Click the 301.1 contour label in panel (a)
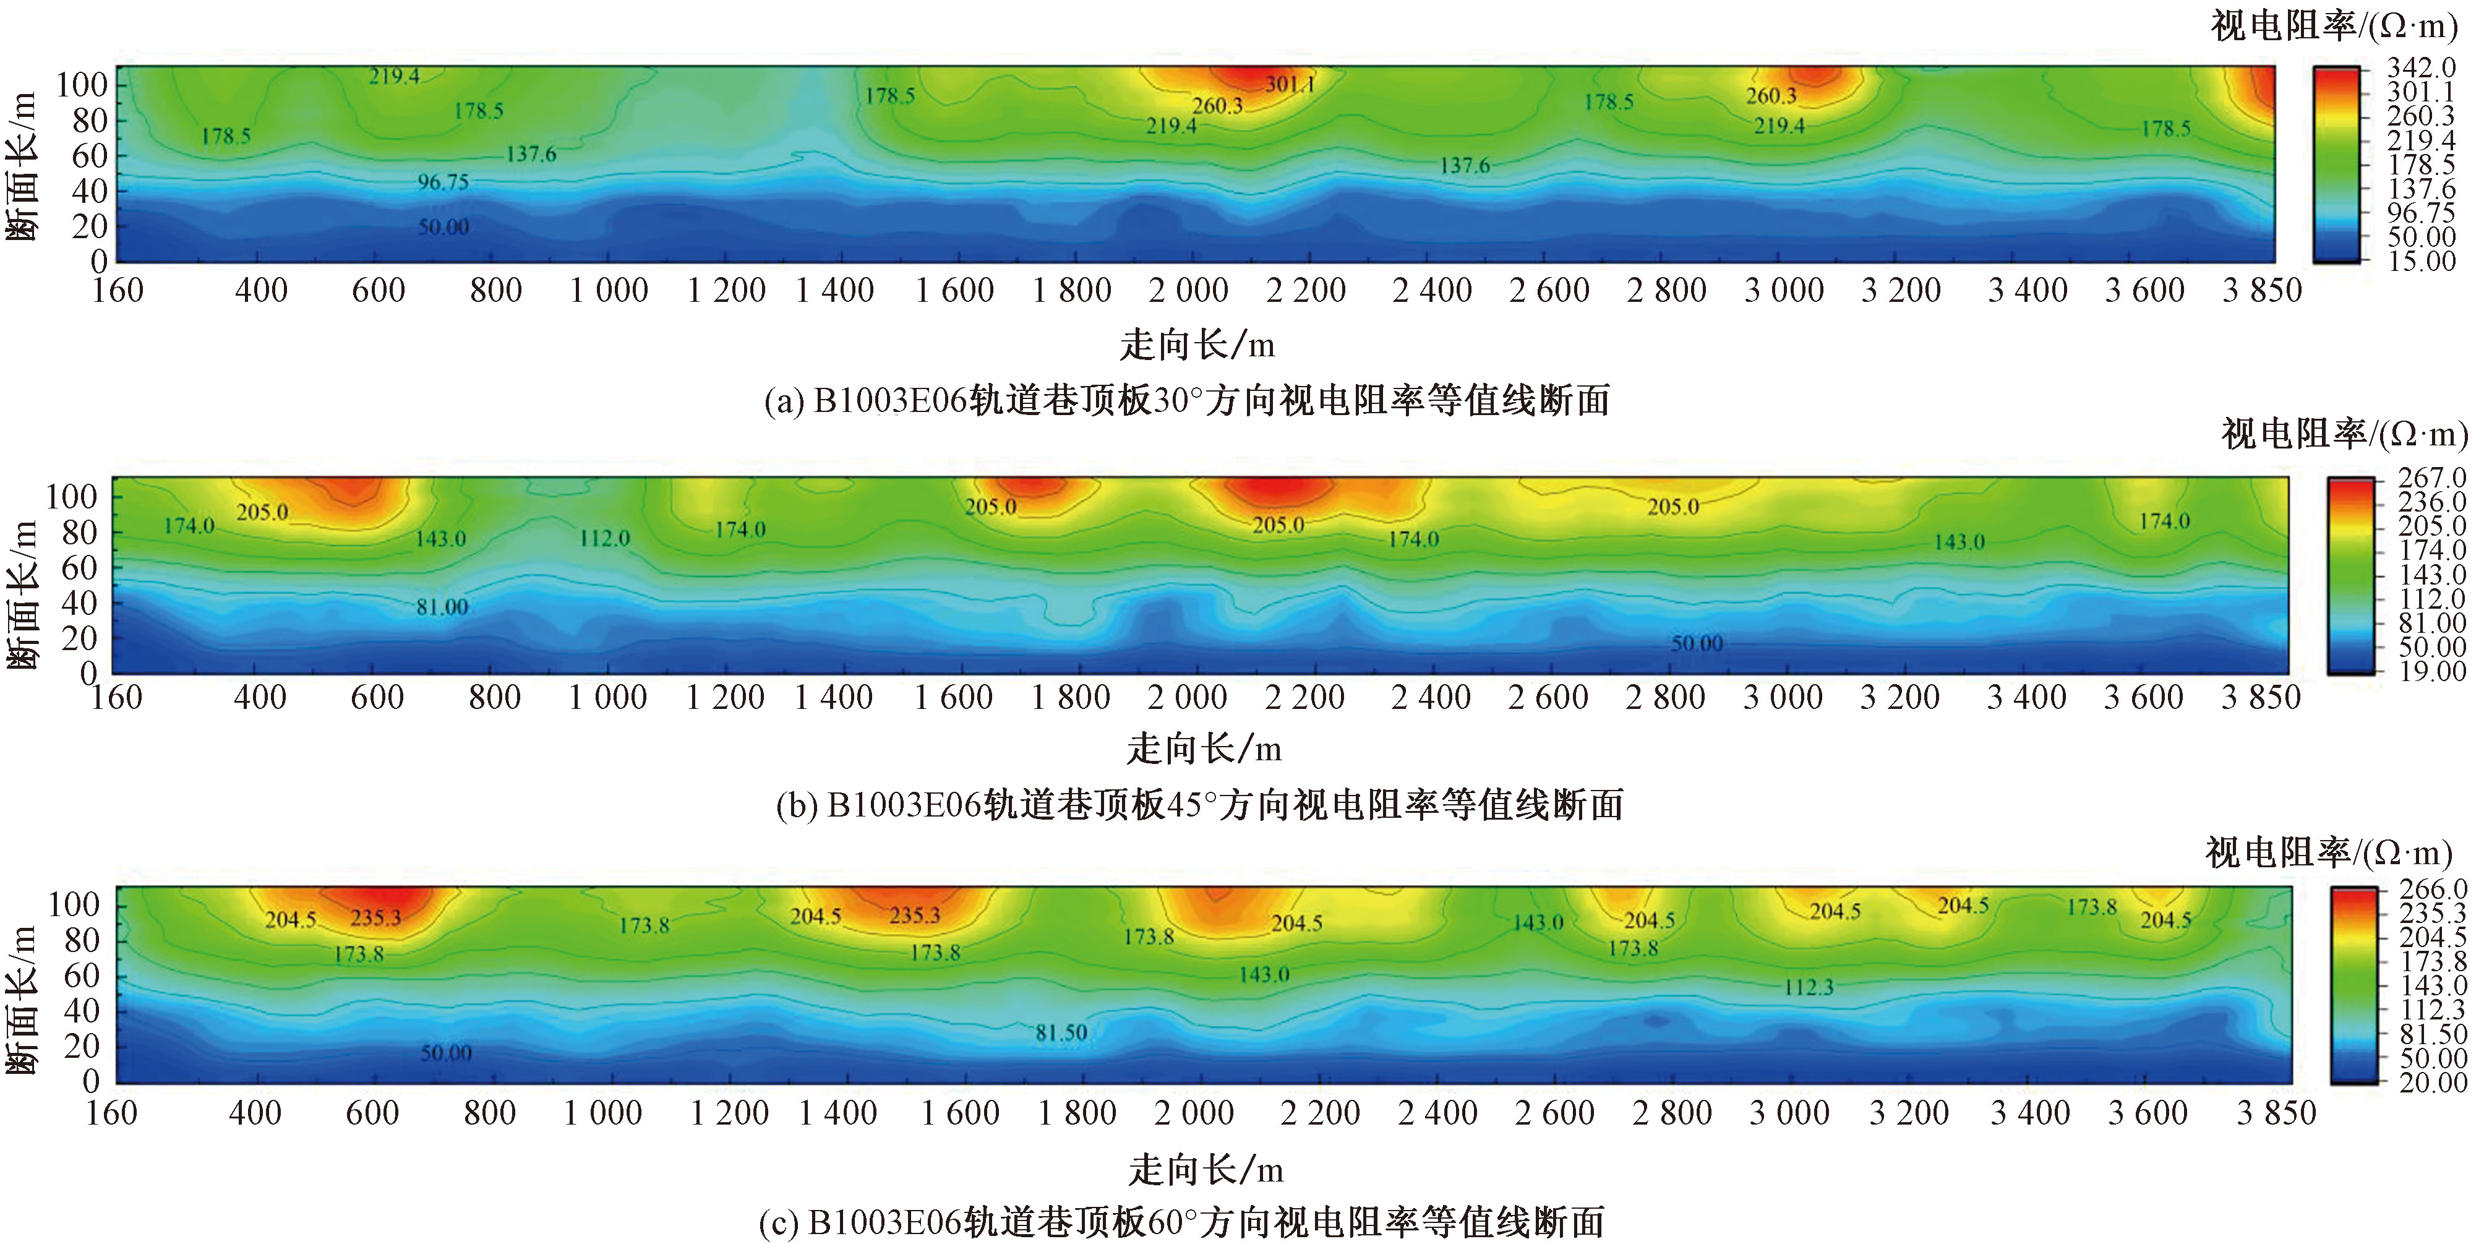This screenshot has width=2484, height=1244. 1289,85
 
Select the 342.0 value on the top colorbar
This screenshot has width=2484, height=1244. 2420,67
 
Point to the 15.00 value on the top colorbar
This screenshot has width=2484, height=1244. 2420,260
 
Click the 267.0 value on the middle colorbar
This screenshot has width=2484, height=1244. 2432,478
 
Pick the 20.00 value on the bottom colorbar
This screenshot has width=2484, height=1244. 2433,1082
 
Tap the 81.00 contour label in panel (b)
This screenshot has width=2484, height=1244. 442,607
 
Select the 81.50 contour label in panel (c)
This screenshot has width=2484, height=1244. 1061,1033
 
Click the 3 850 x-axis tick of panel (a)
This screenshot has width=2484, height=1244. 2262,290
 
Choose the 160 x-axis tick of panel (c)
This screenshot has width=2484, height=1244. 112,1113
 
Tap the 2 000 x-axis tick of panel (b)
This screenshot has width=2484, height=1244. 1187,697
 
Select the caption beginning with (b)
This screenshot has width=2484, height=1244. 1199,804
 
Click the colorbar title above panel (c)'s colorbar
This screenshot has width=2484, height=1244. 2328,852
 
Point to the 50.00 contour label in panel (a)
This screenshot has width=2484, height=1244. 443,226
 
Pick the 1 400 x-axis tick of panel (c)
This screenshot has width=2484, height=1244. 837,1113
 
